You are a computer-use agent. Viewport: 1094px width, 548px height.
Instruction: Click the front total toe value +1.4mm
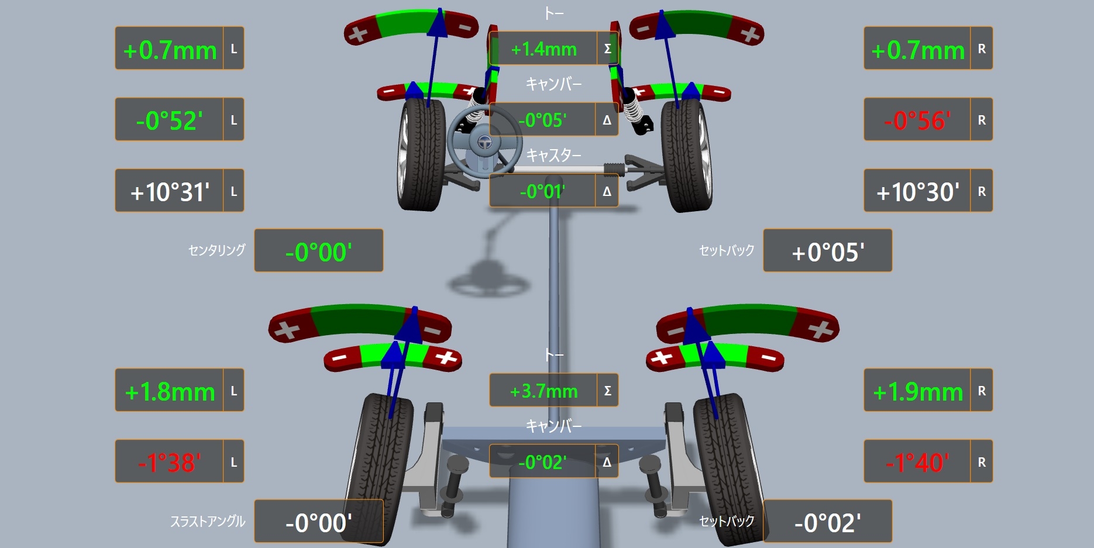point(543,49)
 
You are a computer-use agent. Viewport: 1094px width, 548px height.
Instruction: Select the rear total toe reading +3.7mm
point(543,391)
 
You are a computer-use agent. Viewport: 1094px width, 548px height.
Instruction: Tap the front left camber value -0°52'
point(170,120)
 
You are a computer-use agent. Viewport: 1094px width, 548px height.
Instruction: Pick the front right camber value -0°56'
point(917,120)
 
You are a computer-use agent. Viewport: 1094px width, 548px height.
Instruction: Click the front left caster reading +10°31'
point(170,192)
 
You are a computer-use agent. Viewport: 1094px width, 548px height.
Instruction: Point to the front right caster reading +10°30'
point(917,192)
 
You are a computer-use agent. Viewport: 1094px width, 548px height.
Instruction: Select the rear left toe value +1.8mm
point(170,392)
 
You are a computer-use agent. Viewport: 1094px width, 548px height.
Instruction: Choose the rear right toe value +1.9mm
point(917,392)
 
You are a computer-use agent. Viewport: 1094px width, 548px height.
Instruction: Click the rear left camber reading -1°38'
point(170,463)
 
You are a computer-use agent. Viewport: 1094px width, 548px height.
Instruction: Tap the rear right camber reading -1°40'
point(917,463)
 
